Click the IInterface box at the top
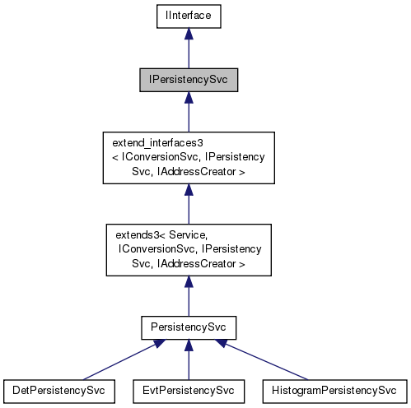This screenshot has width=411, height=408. point(189,15)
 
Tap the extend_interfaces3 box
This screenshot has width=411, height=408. point(189,157)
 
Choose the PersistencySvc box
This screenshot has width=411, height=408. point(189,327)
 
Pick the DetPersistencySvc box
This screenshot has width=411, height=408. point(58,389)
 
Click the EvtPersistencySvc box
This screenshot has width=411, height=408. point(189,389)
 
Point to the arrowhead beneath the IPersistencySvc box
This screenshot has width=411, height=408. point(189,99)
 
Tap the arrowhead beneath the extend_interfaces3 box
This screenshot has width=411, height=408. point(189,191)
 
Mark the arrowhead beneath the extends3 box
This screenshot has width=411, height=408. point(189,281)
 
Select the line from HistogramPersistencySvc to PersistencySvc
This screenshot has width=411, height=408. point(272,363)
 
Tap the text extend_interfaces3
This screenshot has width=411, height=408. point(152,144)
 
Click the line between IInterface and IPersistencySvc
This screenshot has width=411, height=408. point(189,53)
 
